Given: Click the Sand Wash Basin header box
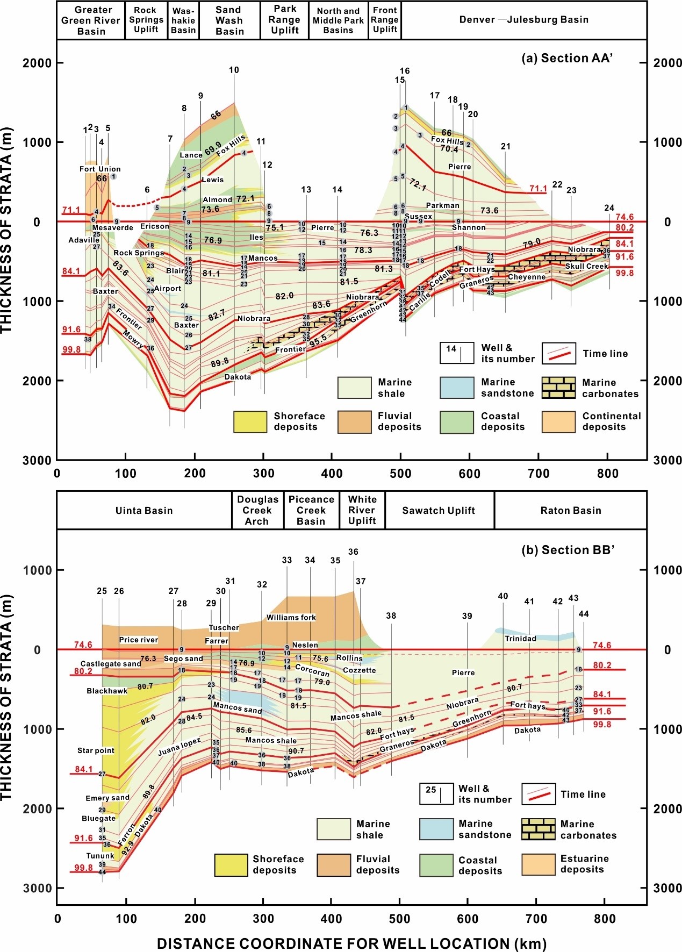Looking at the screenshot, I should pos(229,20).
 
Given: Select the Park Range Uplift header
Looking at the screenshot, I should pos(284,20).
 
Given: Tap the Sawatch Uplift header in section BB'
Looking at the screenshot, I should pos(439,510).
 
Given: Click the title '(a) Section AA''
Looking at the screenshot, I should pos(567,58).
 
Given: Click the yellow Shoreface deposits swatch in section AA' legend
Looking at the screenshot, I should pos(250,421).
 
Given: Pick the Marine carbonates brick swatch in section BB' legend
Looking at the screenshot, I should pos(538,829).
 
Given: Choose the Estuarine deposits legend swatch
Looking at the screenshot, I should pos(538,864).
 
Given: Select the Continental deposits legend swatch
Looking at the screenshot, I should pos(558,421).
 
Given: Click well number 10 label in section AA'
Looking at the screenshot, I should pos(234,70).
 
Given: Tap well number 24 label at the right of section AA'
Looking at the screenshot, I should pos(609,208).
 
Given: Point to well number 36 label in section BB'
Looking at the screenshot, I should pos(353,552).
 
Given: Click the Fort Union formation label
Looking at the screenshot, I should pos(100,169).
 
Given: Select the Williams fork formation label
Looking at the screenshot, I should pos(291,617).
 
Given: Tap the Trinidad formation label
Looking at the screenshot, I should pos(520,639).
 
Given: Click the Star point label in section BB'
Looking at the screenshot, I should pos(96,750).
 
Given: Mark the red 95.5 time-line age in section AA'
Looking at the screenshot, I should pos(318,340).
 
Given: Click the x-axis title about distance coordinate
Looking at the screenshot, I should pos(351,943).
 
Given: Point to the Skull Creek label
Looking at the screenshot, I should pos(586,266).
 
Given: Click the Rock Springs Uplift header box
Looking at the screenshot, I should pos(146,20).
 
